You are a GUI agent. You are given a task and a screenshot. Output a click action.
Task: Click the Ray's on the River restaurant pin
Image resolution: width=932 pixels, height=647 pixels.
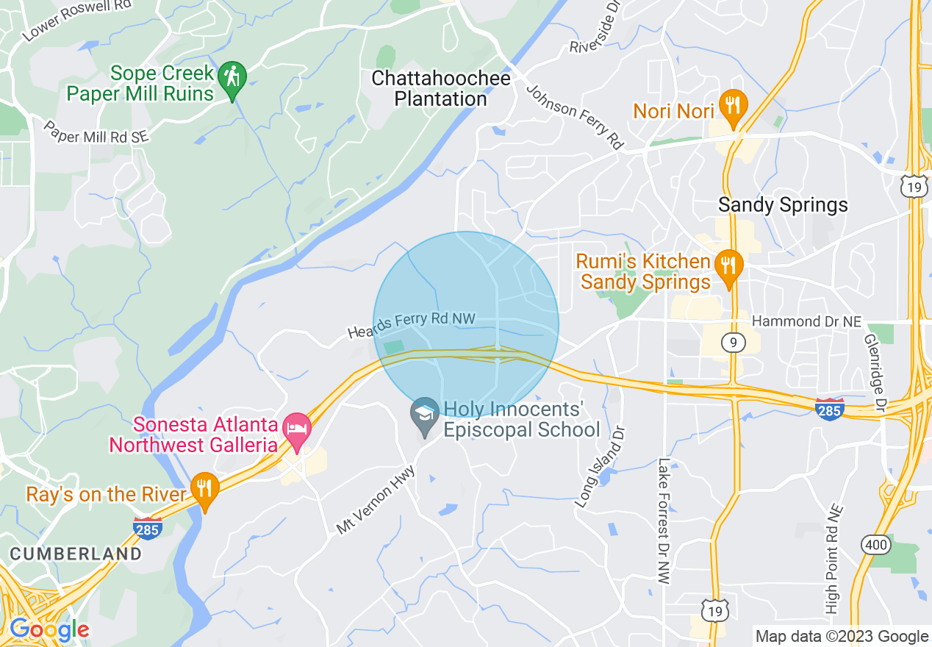tap(204, 490)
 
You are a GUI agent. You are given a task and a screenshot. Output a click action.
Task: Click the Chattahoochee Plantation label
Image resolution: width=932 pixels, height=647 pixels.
tap(440, 88)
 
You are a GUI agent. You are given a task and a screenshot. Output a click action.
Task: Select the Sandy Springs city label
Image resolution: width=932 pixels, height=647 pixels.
tap(783, 204)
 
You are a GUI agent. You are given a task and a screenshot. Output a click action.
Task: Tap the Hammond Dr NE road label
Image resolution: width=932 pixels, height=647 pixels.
tap(807, 321)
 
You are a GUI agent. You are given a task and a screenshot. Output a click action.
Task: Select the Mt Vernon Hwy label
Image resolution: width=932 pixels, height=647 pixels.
tap(376, 500)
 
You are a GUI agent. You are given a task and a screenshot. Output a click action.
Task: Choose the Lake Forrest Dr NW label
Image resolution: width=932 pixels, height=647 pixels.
tap(664, 521)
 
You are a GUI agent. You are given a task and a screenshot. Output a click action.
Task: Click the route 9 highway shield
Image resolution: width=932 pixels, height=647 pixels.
tap(733, 342)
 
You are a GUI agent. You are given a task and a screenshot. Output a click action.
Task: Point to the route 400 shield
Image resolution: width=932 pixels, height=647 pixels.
tap(877, 545)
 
